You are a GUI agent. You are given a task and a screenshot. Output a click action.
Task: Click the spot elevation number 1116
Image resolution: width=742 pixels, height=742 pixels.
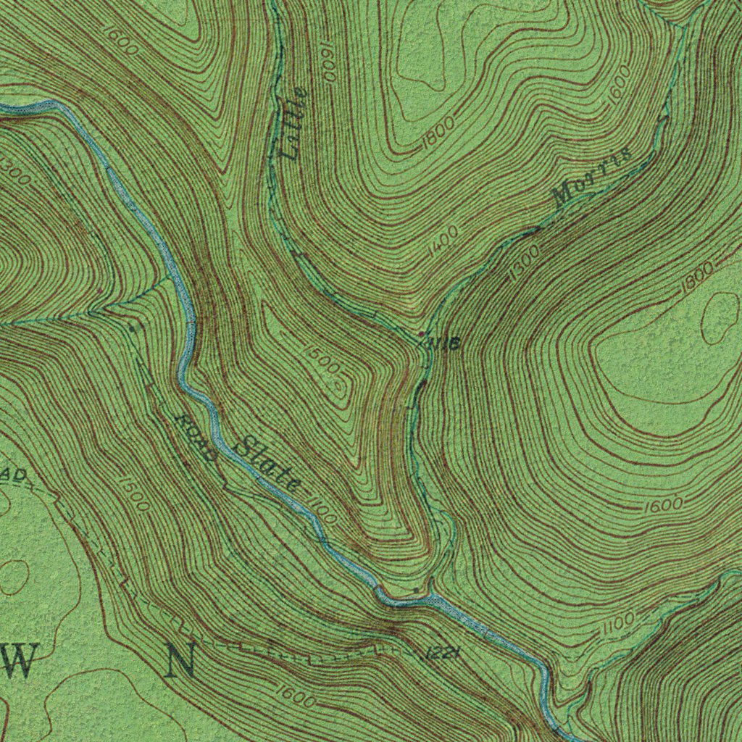(444, 343)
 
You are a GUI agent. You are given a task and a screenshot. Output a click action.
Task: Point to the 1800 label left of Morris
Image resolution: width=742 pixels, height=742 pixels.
(437, 135)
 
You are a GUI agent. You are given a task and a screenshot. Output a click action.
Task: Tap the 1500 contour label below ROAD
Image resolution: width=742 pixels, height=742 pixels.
(133, 493)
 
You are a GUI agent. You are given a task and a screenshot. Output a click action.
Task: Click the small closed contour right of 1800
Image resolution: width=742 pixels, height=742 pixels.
(720, 318)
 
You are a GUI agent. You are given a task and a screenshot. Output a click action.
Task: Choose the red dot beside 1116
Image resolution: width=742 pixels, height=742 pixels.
(421, 333)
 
